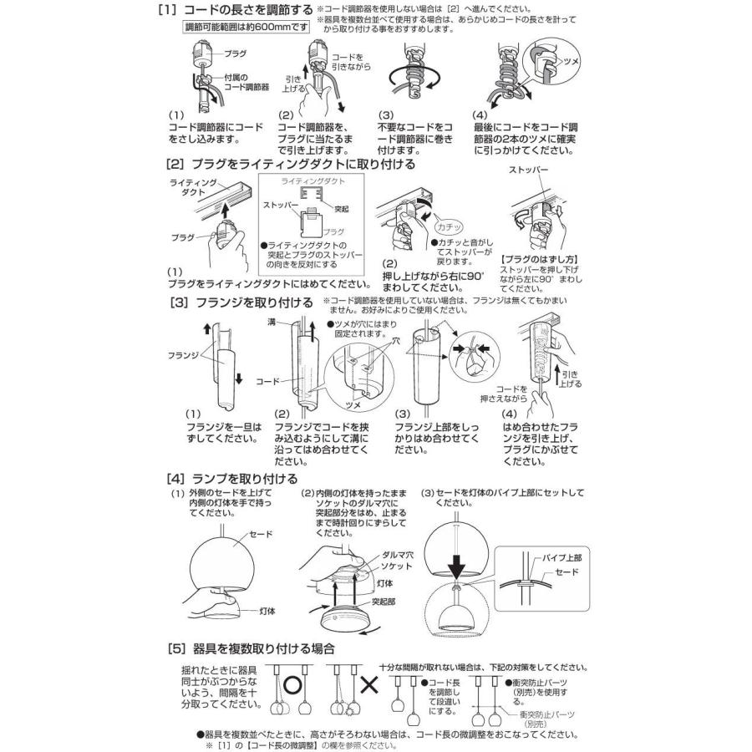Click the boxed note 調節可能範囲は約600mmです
[x=236, y=27]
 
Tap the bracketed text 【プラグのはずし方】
[x=536, y=259]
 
